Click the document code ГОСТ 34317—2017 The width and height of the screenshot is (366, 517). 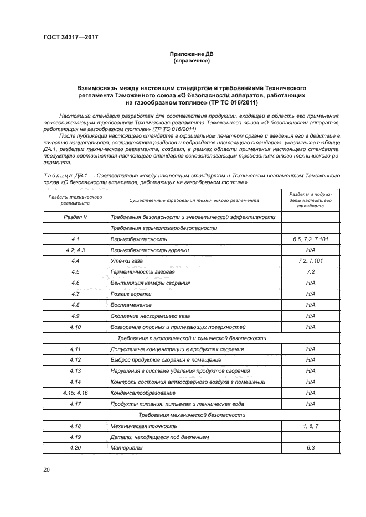(66, 38)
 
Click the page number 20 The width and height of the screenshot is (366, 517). (47, 469)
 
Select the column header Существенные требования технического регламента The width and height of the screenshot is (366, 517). (194, 200)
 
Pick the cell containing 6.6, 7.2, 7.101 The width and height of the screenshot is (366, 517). (310, 239)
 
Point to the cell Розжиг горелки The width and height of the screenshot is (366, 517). (131, 294)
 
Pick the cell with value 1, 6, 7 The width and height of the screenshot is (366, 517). (310, 426)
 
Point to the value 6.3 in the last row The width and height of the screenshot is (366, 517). (310, 448)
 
